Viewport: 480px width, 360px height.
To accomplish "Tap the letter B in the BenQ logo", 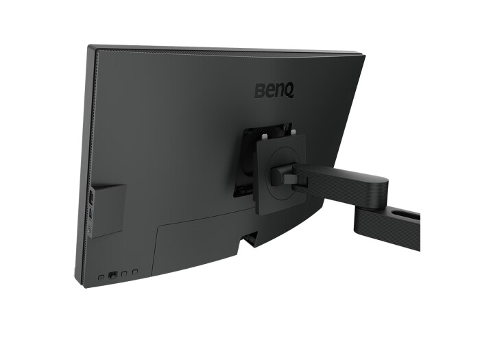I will point(261,91).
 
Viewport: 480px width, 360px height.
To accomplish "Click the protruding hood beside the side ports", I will point(109,210).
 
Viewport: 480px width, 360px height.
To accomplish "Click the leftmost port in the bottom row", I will point(101,276).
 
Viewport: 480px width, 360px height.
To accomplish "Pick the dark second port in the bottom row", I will point(114,275).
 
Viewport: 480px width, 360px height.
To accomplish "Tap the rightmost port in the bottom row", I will point(136,273).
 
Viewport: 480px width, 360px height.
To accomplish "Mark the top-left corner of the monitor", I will point(89,47).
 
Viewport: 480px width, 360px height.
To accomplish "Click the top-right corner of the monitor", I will point(363,54).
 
